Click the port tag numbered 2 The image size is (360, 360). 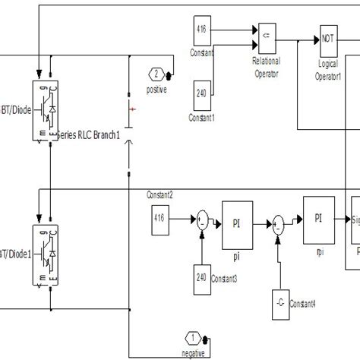[155, 74]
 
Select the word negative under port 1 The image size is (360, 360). [194, 354]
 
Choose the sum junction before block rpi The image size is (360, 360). [279, 223]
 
